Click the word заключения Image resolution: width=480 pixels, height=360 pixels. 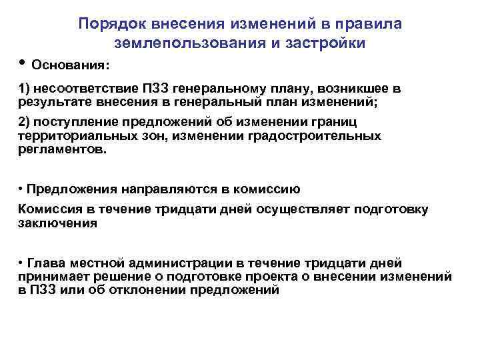click(58, 223)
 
